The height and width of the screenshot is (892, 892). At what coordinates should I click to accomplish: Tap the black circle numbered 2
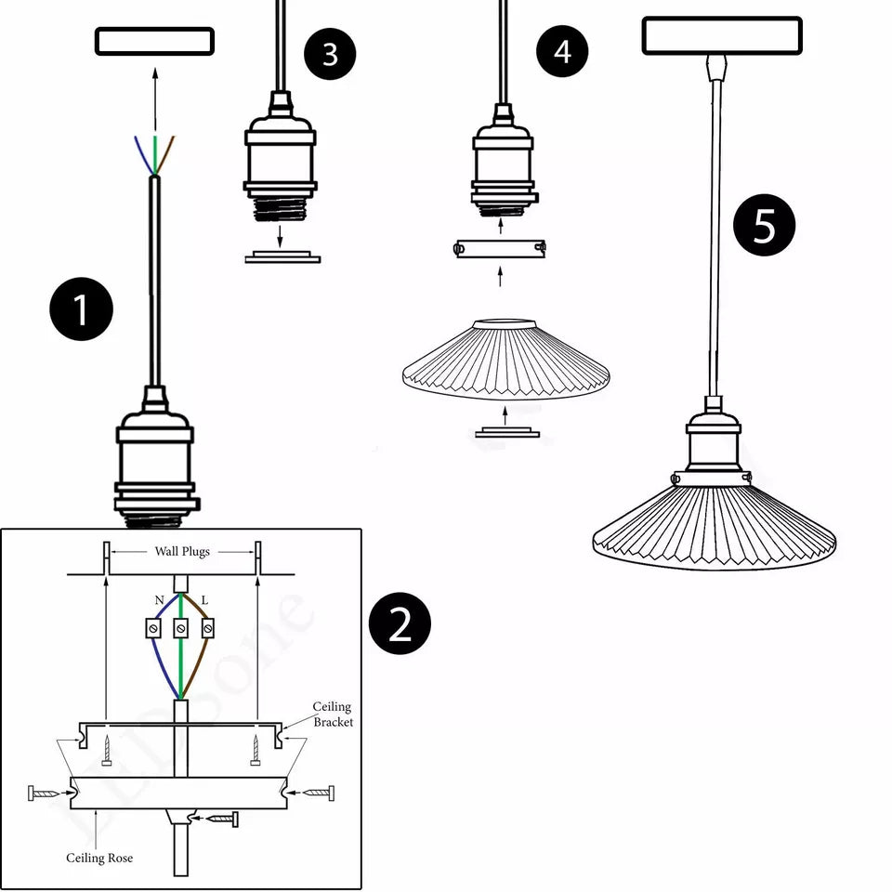[400, 623]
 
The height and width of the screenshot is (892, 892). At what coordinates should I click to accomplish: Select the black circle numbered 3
[330, 54]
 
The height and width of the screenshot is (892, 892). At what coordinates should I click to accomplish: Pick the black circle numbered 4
[562, 51]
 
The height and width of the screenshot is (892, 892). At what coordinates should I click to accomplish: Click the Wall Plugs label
[182, 551]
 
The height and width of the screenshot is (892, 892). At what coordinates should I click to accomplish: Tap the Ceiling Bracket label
[332, 715]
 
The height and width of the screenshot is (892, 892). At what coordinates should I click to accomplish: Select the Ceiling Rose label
[98, 858]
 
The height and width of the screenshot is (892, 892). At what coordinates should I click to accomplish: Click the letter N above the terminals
[159, 601]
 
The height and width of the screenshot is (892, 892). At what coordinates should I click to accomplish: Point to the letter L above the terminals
[204, 601]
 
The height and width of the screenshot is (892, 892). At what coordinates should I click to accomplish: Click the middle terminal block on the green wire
[180, 629]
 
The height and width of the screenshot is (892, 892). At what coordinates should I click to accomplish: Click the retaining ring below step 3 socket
[282, 256]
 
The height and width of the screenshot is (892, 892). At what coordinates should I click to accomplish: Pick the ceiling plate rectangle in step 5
[721, 35]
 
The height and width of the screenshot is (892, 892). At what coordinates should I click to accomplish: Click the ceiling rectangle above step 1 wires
[154, 41]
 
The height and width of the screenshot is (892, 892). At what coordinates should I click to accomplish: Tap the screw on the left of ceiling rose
[44, 794]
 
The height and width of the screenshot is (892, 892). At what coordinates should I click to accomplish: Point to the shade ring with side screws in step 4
[500, 248]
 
